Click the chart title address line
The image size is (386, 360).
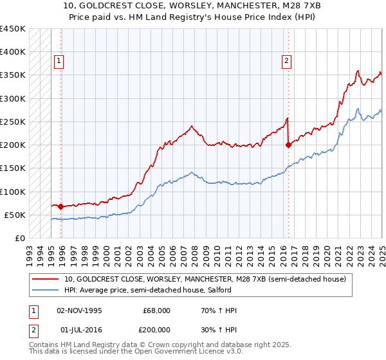coord(192,6)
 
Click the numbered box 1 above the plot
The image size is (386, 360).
coord(59,62)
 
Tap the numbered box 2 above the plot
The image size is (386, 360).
coord(286,62)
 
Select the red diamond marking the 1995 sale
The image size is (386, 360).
coord(60,206)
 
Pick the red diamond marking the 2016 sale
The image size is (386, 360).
coord(288,145)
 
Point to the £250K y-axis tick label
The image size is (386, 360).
coord(13,122)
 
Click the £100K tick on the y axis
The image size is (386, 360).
coord(13,192)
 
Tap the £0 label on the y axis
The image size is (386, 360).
coord(20,238)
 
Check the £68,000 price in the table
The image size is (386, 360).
coord(157,310)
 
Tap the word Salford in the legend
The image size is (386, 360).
coord(227,290)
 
